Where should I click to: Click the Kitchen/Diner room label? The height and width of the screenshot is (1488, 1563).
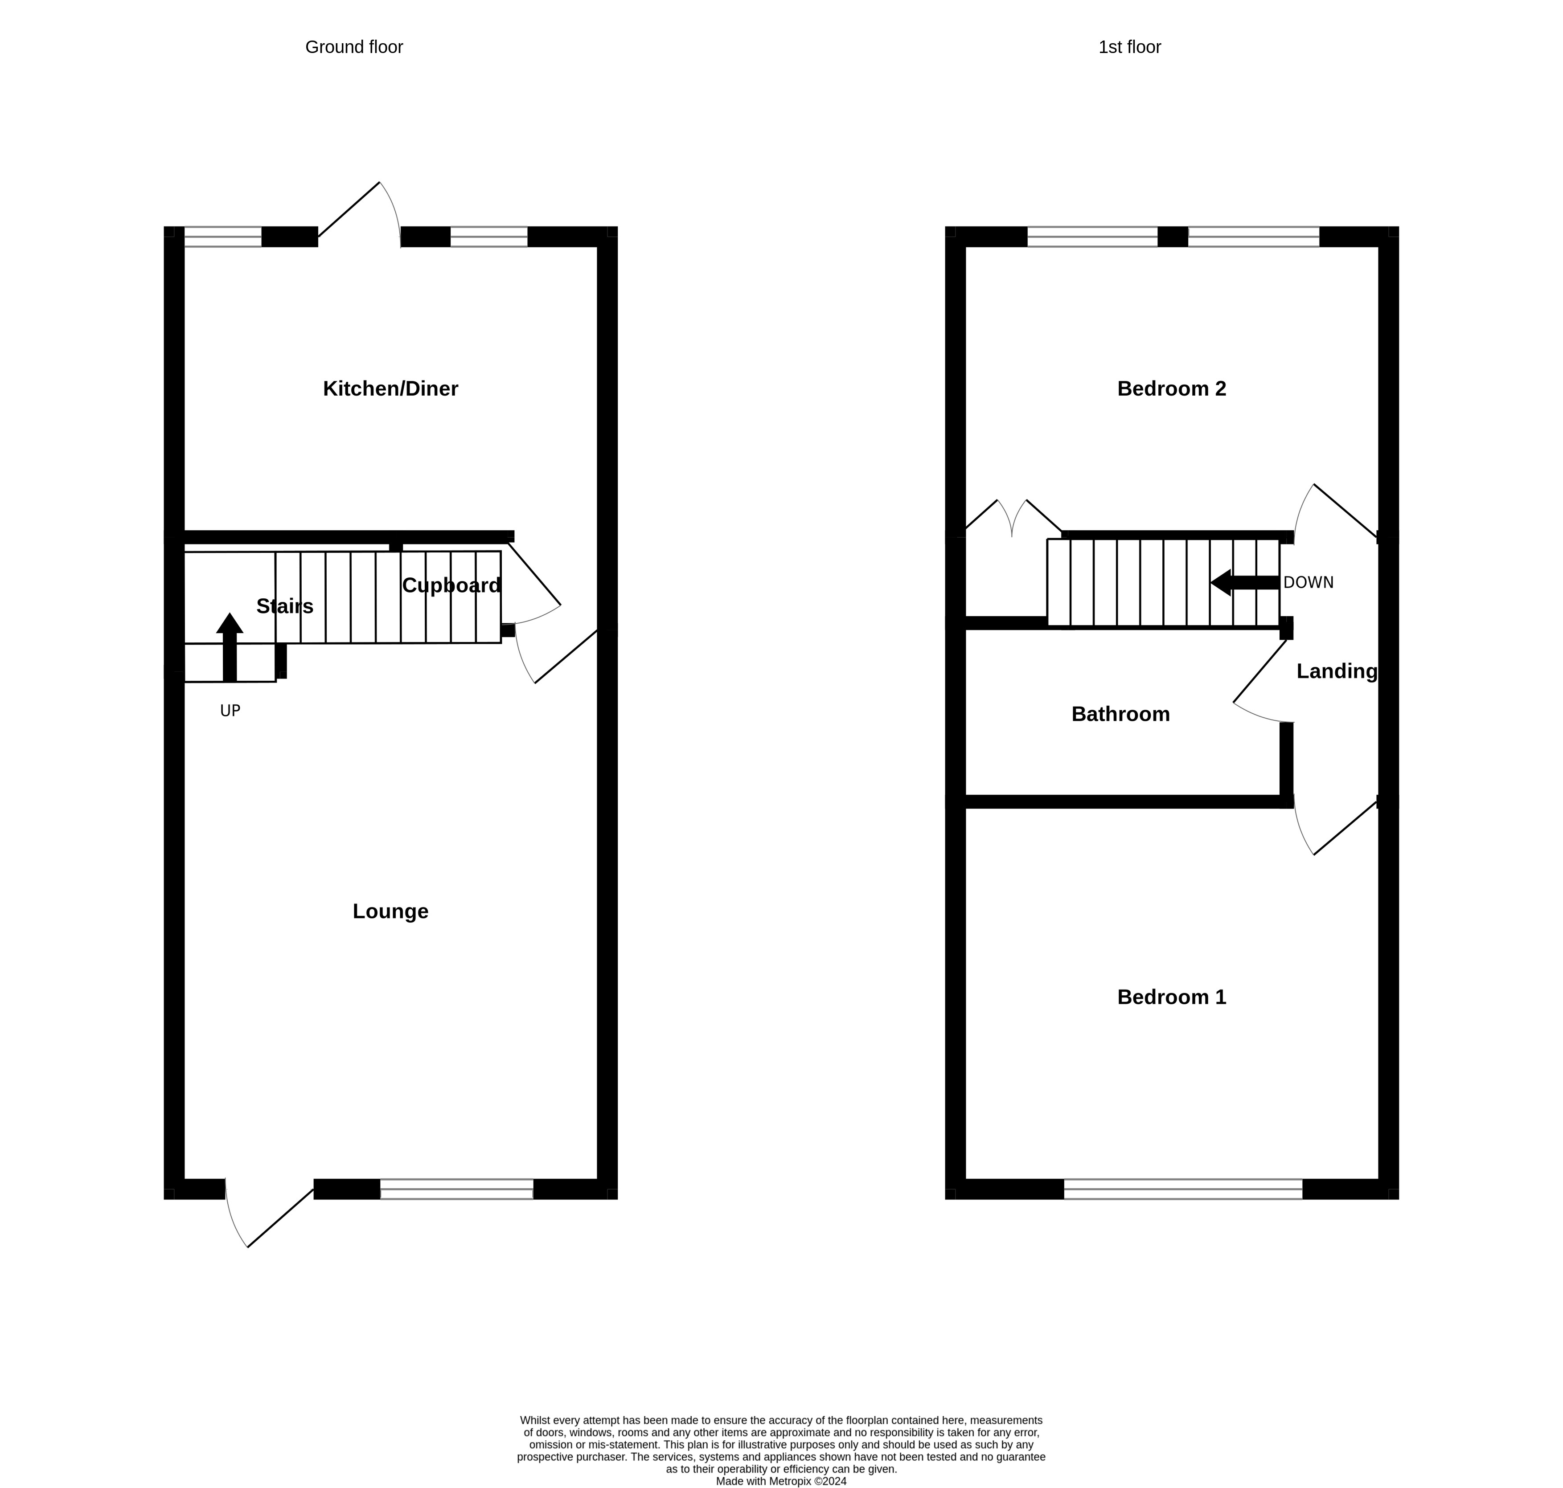click(390, 388)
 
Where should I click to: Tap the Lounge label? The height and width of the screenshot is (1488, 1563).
click(390, 912)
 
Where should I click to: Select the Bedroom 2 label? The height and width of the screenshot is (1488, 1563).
click(1171, 388)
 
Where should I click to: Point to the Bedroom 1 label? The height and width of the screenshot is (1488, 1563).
click(1171, 997)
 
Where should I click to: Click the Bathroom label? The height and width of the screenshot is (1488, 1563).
click(1120, 714)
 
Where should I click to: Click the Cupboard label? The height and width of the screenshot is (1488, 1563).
click(451, 585)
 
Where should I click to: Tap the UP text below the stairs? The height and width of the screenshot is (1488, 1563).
click(230, 711)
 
